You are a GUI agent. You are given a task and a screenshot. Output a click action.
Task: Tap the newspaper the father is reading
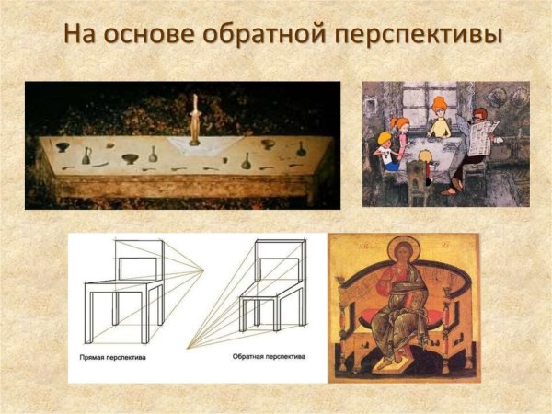(483, 137)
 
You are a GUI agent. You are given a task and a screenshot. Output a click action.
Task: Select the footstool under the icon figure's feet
(403, 369)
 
